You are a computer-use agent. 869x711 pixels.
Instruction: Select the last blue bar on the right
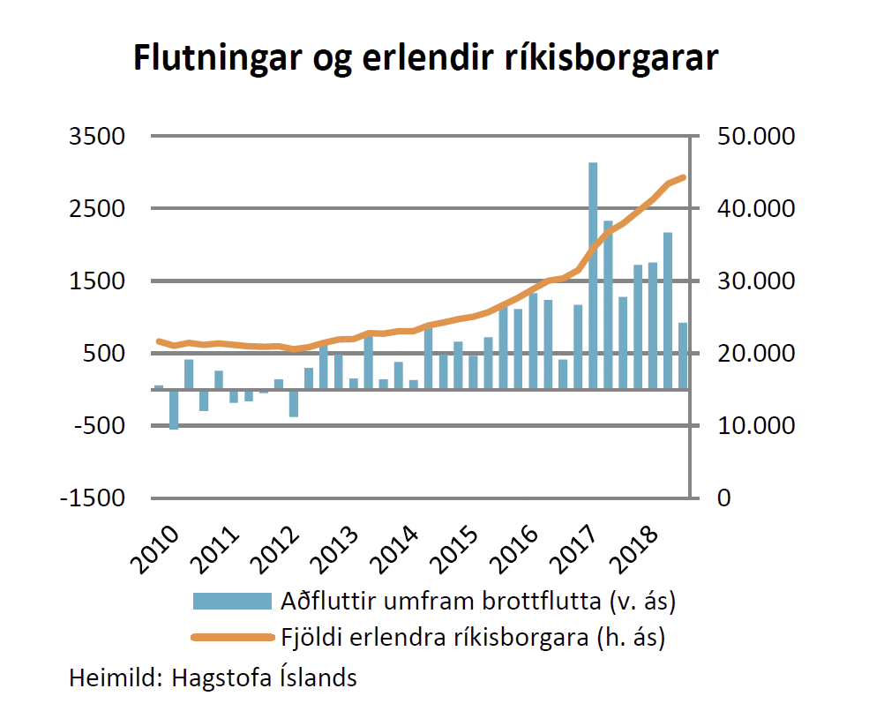[683, 355]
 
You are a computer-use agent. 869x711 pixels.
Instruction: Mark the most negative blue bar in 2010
[174, 409]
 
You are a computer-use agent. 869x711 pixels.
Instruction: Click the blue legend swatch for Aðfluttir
[231, 602]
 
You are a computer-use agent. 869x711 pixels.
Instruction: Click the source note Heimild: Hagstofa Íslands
[214, 677]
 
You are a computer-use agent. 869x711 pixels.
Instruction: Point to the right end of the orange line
[683, 177]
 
